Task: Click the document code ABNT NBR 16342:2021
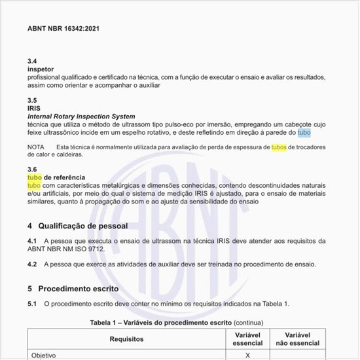(63, 29)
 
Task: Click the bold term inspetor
(41, 69)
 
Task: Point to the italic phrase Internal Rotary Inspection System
(81, 116)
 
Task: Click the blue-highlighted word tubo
(304, 132)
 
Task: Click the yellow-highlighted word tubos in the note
(279, 147)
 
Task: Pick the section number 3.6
(32, 170)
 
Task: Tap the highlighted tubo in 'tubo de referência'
(34, 177)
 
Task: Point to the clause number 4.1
(32, 242)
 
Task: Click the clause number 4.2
(32, 264)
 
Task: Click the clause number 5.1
(32, 304)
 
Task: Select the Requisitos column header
(126, 339)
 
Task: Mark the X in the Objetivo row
(247, 355)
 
